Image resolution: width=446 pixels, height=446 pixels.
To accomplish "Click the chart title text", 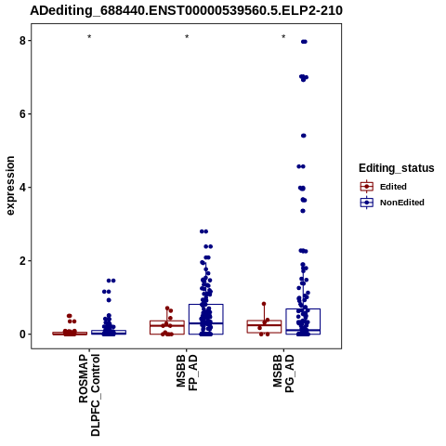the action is click(x=186, y=10).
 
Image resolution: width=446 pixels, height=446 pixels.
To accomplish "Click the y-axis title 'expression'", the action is click(x=10, y=186).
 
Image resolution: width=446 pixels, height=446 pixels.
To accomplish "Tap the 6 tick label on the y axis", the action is click(x=23, y=114).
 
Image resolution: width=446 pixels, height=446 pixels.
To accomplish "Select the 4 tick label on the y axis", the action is click(x=23, y=188).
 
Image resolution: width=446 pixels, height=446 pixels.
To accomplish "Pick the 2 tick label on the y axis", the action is click(x=23, y=261).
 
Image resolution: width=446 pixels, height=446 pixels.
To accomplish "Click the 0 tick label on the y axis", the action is click(x=23, y=334).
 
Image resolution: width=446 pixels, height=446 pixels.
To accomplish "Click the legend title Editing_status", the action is click(x=397, y=168).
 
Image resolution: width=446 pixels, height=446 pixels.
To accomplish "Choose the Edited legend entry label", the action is click(x=393, y=187).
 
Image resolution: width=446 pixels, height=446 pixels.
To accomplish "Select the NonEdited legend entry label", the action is click(x=402, y=203).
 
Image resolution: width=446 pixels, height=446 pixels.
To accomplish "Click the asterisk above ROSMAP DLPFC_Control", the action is click(x=89, y=37).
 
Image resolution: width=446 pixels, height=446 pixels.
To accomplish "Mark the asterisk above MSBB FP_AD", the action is click(x=187, y=37).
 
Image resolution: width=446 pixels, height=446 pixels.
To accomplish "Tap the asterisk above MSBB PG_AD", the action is click(x=283, y=37).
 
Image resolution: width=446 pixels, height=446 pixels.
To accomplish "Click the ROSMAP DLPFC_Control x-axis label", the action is click(x=89, y=395).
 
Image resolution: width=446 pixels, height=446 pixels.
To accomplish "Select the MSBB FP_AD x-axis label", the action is click(x=187, y=374).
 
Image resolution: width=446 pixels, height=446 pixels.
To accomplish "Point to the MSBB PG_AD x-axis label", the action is click(x=283, y=374).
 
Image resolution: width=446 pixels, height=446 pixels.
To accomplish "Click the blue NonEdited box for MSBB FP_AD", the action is click(x=206, y=305).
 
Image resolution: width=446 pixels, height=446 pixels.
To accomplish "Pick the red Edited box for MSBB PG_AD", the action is click(x=264, y=321).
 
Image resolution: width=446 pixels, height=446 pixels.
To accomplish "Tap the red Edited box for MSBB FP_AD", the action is click(x=167, y=321).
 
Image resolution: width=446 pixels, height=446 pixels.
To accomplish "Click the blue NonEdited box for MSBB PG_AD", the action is click(x=303, y=309).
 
